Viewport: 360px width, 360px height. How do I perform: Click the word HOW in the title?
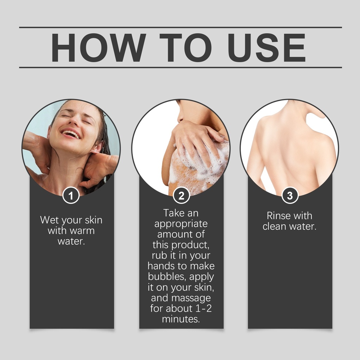(98, 47)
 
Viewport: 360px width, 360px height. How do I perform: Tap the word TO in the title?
(186, 47)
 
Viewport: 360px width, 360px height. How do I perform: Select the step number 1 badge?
(71, 195)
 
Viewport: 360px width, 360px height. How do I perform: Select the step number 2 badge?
(181, 195)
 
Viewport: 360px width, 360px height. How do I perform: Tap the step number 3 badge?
(290, 195)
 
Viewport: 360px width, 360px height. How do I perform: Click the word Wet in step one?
(50, 220)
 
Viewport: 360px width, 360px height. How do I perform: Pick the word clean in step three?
(275, 226)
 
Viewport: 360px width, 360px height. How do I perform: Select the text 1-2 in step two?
(204, 308)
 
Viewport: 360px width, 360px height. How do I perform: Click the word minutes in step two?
(181, 319)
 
